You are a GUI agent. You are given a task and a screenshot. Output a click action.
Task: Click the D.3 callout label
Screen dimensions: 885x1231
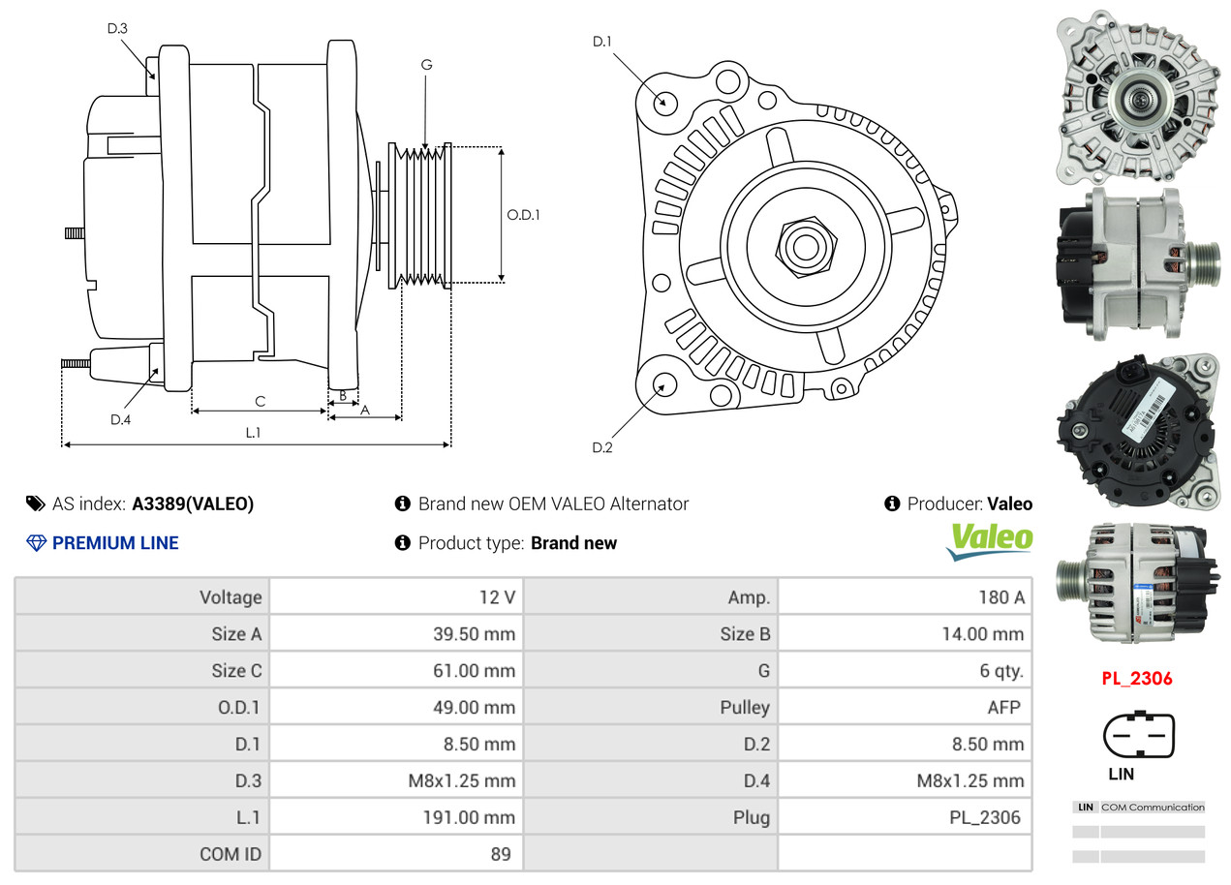click(117, 29)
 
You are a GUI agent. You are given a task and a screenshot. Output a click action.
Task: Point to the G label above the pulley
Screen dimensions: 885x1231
click(426, 65)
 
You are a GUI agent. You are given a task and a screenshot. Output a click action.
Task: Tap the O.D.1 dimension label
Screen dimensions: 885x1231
click(523, 215)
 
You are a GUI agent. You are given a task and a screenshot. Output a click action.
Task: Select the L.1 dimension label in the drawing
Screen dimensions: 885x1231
click(253, 433)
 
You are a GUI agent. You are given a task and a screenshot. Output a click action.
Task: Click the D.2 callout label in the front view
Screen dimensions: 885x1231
click(602, 447)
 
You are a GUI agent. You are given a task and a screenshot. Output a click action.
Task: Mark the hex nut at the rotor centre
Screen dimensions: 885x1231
click(803, 245)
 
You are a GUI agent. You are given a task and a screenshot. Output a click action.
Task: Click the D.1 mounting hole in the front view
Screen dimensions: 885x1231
click(664, 102)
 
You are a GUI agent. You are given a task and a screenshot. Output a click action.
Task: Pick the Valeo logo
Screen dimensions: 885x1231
click(991, 540)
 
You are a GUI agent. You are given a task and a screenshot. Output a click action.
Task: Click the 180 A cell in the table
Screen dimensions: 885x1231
click(1000, 597)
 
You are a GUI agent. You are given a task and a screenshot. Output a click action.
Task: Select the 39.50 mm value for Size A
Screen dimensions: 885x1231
click(474, 634)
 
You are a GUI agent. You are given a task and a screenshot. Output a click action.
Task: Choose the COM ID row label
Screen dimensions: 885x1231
click(231, 854)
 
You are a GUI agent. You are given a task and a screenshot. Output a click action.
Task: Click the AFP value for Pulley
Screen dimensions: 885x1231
click(1003, 707)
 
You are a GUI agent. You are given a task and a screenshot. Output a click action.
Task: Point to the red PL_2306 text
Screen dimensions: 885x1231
click(1136, 679)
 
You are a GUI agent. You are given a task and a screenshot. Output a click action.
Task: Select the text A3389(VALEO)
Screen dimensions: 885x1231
click(193, 504)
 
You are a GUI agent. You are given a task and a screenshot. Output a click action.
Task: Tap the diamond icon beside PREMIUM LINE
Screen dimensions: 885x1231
click(36, 543)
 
